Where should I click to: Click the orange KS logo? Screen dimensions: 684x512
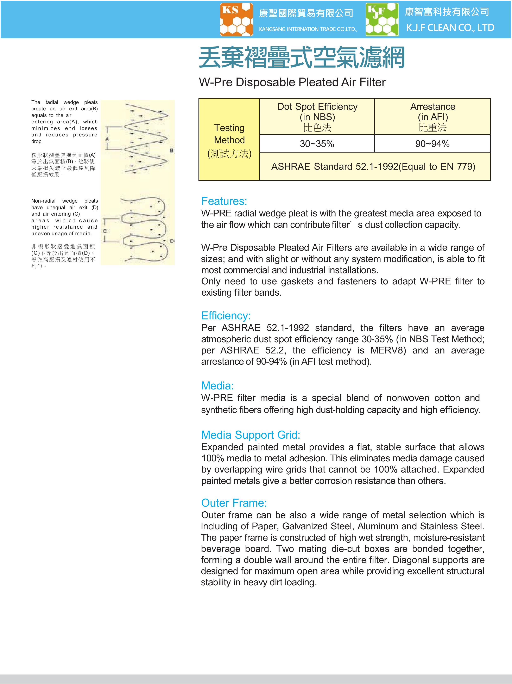[x=236, y=19]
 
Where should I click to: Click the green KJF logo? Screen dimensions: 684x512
[x=382, y=19]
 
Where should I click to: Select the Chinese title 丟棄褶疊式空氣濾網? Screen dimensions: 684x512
[x=302, y=57]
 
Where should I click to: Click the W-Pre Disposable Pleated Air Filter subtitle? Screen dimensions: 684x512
[x=292, y=82]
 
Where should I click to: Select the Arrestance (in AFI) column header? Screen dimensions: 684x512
[x=432, y=117]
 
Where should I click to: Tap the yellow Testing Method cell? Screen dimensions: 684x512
[x=229, y=140]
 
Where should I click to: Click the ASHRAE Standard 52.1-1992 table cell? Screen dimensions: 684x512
[x=373, y=166]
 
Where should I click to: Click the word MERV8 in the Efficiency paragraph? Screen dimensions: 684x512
[x=388, y=350]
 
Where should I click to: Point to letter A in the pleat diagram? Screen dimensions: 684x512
[x=107, y=139]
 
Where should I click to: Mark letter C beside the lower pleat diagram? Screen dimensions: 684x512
[x=105, y=231]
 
